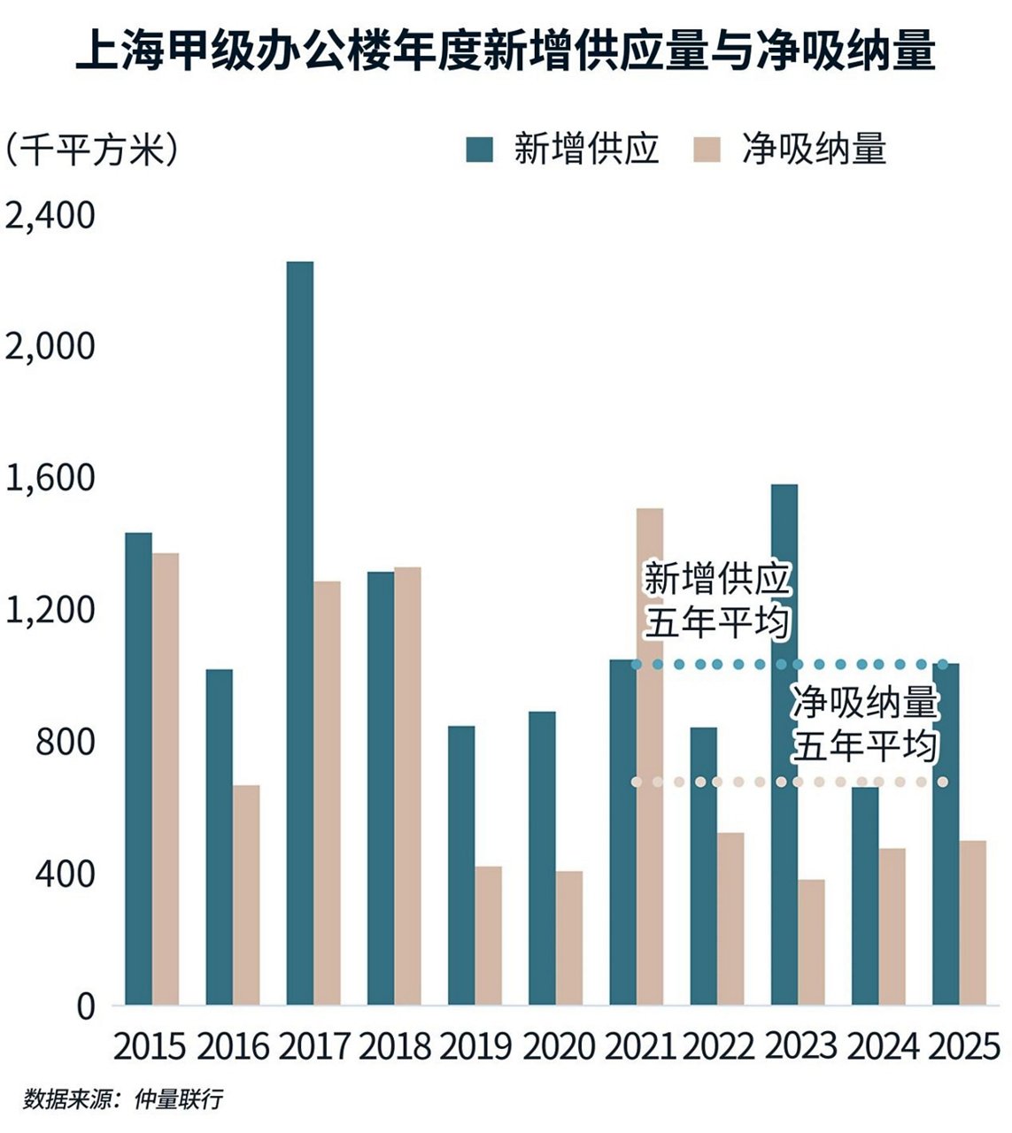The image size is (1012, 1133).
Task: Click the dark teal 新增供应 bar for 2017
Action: [299, 633]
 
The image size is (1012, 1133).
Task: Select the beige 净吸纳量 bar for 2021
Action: [650, 757]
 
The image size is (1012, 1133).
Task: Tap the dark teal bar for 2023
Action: [784, 744]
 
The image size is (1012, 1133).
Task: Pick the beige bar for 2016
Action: [246, 894]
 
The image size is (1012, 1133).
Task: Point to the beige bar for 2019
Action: [488, 936]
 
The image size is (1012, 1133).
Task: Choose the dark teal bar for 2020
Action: [542, 858]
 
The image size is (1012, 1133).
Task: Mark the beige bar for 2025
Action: [973, 922]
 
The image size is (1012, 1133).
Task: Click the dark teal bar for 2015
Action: [138, 768]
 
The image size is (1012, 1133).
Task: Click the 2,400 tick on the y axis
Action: [50, 215]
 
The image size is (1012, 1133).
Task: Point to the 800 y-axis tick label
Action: [65, 742]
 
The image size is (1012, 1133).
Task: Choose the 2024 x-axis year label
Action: [882, 1048]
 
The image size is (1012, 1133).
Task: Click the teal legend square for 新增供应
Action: [479, 150]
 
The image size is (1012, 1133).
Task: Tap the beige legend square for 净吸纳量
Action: [705, 150]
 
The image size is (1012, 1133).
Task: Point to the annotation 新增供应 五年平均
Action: [716, 600]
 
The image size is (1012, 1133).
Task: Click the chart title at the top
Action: [506, 51]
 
